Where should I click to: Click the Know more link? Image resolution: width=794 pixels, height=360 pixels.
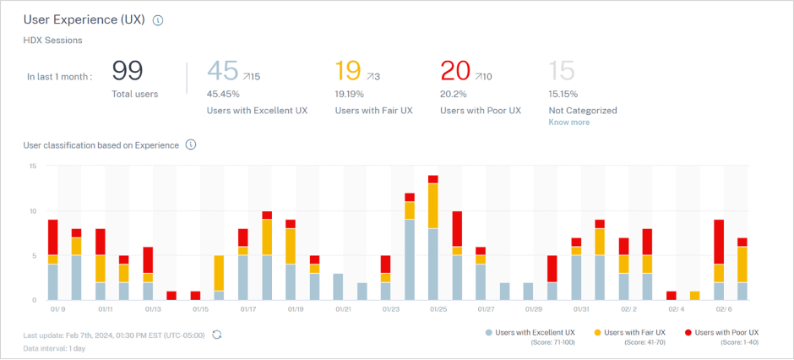click(x=569, y=123)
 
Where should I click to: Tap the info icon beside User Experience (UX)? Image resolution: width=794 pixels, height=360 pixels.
click(x=158, y=20)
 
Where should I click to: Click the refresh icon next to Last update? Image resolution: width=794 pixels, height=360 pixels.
click(x=217, y=335)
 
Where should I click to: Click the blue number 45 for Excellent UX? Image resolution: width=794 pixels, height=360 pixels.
click(x=223, y=71)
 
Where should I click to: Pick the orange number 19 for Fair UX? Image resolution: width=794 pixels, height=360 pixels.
click(x=349, y=71)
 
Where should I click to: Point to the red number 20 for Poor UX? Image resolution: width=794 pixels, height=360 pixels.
click(x=455, y=71)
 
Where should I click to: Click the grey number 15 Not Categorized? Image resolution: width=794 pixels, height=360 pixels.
click(x=563, y=71)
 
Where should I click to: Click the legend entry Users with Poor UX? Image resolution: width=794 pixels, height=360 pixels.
click(x=726, y=332)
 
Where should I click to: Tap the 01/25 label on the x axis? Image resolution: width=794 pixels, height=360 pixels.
click(x=438, y=310)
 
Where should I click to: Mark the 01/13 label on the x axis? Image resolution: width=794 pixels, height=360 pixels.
click(x=153, y=310)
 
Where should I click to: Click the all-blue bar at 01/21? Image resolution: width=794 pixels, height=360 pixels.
click(x=338, y=286)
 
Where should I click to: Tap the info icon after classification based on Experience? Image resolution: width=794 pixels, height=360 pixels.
click(x=191, y=145)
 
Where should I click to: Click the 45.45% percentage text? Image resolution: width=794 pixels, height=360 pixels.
click(x=224, y=94)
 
